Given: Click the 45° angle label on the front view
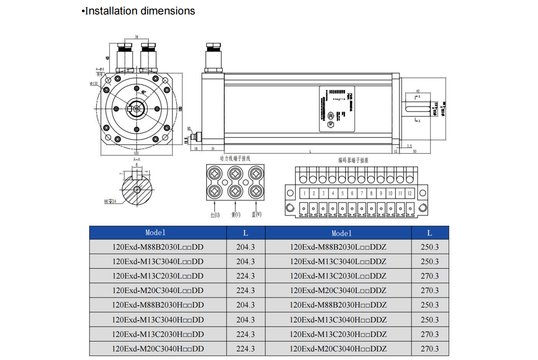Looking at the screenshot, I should tap(144, 92).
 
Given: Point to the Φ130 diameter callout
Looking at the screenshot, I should tap(94, 83).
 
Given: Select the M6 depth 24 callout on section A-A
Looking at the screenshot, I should tap(110, 201).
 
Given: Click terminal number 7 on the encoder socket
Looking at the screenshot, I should tap(362, 194).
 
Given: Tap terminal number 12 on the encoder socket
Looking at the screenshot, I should tap(410, 194).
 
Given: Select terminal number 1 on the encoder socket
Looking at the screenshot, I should tap(304, 194).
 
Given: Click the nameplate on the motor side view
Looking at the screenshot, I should tap(337, 109).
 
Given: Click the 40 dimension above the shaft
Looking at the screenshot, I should tap(418, 91).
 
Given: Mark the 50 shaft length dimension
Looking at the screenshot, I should tap(415, 151).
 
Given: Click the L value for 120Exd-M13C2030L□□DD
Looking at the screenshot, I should tap(245, 276).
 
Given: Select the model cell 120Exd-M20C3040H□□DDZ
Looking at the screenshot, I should tap(338, 349).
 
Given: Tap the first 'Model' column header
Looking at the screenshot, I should tap(156, 232).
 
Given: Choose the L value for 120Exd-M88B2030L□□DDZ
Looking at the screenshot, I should tap(429, 247).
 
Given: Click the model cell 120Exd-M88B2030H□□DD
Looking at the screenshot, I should tap(158, 305).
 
